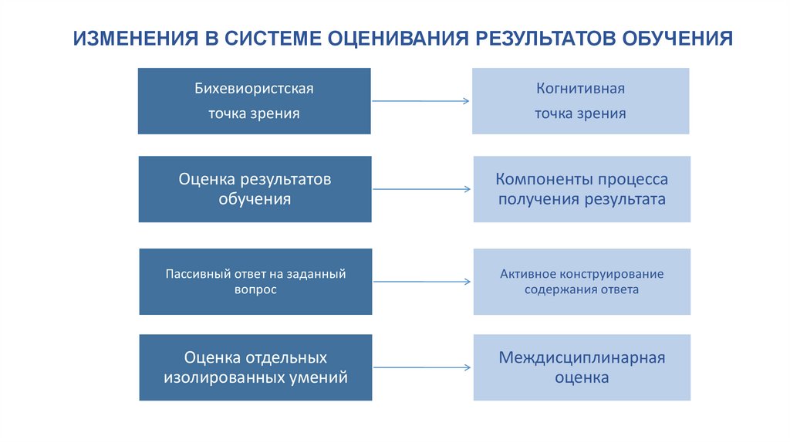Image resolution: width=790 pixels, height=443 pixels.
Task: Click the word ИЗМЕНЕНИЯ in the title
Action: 136,39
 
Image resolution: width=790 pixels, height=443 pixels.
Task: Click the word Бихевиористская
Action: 254,89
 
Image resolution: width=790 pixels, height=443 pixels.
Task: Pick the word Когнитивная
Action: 580,89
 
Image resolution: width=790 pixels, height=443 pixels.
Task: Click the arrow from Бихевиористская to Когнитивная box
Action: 420,101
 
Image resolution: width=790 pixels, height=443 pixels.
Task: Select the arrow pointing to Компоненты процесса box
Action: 422,189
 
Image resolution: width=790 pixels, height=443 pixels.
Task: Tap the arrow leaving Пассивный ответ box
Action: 422,282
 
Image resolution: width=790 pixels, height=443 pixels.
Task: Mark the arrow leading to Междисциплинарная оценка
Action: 422,367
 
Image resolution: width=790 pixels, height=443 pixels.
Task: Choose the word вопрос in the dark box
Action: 255,289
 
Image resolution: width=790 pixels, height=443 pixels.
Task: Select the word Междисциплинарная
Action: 582,358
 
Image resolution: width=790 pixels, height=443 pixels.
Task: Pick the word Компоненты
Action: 542,179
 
